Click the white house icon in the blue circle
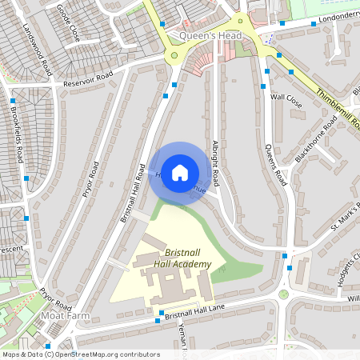pos(180,171)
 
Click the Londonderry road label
pos(336,18)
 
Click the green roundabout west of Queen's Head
pos(174,55)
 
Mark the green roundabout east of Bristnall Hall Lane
pos(283,294)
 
